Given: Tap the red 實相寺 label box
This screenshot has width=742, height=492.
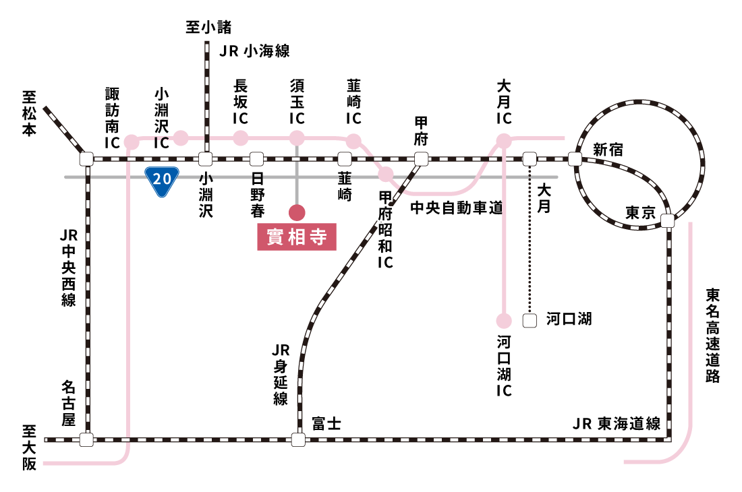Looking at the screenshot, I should point(297,237).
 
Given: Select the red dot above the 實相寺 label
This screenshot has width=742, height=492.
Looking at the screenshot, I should point(297,213).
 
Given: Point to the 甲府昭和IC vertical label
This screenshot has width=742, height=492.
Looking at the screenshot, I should point(385,229).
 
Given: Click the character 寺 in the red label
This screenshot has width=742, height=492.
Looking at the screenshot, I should point(319,237).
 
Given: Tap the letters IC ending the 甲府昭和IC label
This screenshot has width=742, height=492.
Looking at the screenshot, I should point(385,262).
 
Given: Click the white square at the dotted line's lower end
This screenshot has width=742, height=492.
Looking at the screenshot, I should point(530,321).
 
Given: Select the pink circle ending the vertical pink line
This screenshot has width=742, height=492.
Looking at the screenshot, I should point(504,321).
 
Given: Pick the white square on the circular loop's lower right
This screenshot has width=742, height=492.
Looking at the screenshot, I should point(668,221).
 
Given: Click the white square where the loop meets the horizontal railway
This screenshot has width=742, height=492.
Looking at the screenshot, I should point(575,159).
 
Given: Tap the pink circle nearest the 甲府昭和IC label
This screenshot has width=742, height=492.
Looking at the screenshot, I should point(386,175).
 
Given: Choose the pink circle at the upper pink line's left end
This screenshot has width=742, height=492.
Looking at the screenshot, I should point(132,142).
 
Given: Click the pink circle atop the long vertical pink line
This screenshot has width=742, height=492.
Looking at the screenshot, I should point(504,141).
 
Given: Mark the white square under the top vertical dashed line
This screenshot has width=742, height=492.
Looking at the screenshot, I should point(206,159).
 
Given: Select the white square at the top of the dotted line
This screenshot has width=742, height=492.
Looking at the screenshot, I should point(530,159).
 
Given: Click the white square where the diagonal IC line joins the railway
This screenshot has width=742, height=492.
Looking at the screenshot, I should point(422,159).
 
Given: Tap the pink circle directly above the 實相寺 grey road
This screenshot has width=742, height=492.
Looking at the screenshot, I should point(297,138).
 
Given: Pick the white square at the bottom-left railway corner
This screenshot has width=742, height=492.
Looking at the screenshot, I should point(86,440).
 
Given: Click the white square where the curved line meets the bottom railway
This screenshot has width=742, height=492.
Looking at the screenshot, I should point(298,440).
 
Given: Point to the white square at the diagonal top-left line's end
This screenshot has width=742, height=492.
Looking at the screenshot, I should point(86,159).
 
